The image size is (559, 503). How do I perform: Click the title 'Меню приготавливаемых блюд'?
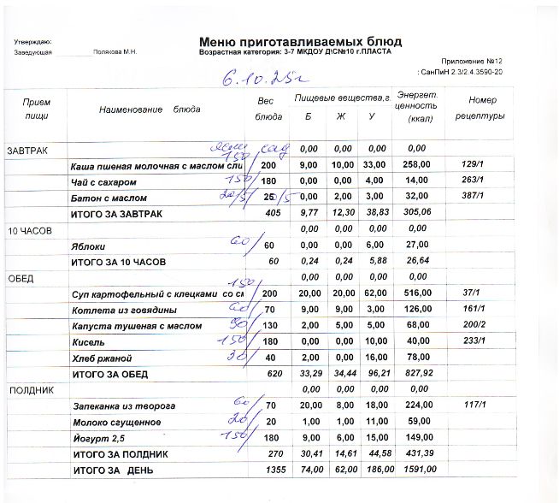pos(300,41)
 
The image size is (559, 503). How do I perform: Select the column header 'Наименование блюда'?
pos(150,109)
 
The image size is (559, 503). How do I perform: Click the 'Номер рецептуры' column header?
pos(481,108)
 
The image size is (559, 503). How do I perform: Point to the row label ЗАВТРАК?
pos(28,151)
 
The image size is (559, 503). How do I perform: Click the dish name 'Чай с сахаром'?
pos(103,182)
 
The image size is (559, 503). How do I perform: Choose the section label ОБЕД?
pos(21,279)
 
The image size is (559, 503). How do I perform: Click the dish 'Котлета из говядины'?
pos(125,310)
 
